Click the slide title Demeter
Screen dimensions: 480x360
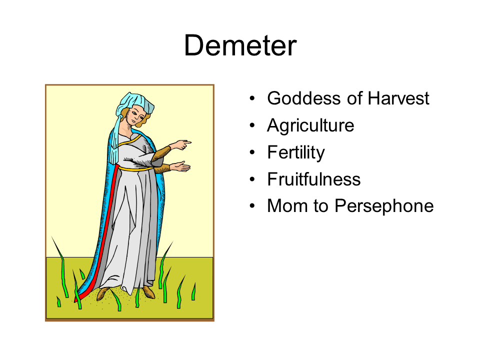240,45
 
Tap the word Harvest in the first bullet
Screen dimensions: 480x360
398,98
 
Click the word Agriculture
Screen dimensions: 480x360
310,125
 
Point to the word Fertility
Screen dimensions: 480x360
296,152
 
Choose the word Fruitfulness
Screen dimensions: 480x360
314,179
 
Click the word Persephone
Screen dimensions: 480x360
384,206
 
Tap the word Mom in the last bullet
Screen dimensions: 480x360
288,205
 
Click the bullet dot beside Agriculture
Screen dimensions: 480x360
252,125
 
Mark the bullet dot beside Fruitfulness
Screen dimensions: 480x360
252,179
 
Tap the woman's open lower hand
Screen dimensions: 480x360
180,167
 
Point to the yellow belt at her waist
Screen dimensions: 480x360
136,168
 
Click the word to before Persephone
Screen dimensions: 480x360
321,206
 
